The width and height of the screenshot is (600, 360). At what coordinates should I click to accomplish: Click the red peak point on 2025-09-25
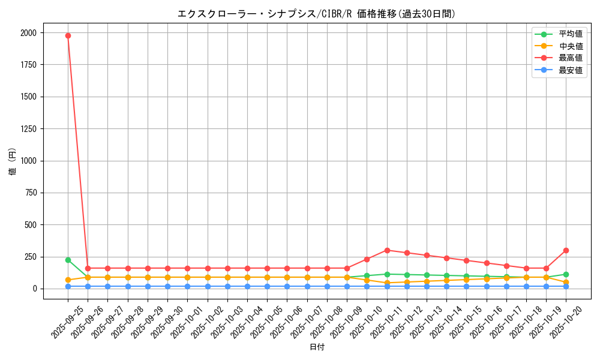pos(68,35)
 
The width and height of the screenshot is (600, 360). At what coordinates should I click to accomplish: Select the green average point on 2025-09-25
pos(68,260)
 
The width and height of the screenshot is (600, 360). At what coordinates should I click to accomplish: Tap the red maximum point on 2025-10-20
pos(566,250)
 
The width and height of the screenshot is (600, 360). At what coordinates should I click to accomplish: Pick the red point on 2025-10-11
pos(387,250)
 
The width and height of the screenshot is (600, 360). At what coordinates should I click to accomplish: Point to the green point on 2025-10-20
pos(566,274)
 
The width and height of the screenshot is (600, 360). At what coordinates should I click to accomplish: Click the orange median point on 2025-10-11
pos(387,283)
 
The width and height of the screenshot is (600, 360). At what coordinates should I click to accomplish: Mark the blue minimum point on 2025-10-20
pos(566,286)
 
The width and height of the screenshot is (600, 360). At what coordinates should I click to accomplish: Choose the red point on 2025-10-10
pos(367,259)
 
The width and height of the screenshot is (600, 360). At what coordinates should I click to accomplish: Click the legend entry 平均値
pos(570,34)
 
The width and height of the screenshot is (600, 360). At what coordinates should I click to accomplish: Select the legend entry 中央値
pos(570,46)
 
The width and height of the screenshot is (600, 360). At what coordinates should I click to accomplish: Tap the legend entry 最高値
pos(570,58)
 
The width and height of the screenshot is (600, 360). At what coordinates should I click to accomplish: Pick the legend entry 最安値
pos(570,70)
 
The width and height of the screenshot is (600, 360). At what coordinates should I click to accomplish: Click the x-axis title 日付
pos(317,347)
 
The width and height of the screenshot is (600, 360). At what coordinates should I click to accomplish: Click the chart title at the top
pos(317,14)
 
